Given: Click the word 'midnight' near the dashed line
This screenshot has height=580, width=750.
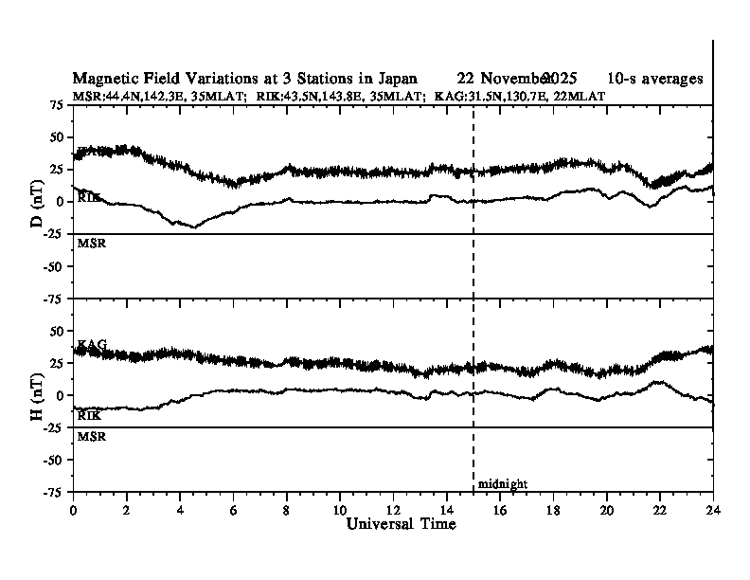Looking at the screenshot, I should coord(503,484).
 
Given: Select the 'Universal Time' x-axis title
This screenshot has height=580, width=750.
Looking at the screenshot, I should coord(393,524).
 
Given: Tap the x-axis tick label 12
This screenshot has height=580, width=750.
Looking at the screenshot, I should coord(393,510).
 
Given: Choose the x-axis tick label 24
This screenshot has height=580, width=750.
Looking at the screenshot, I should coord(713,510).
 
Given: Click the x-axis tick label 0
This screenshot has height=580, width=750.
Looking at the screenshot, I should coord(74,510).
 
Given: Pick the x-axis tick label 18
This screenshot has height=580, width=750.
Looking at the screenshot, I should coord(553,510).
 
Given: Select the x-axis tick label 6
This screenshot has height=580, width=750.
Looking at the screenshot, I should coord(233,510).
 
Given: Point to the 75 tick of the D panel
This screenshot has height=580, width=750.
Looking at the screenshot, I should coord(58,105).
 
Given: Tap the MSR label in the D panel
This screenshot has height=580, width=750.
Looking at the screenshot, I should coord(91,244).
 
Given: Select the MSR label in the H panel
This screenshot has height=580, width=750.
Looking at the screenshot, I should coord(91,437).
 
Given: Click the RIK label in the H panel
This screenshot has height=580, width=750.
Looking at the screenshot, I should coord(90,415).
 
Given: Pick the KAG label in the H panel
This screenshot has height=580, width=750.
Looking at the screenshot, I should coord(92,343).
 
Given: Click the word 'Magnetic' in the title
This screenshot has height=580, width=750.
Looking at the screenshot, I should coord(103,79).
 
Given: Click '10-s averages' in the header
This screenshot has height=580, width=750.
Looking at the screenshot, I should coord(656,79).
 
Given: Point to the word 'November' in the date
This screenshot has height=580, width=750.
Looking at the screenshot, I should coord(515,79).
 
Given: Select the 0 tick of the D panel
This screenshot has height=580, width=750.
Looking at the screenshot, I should coord(62,202).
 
